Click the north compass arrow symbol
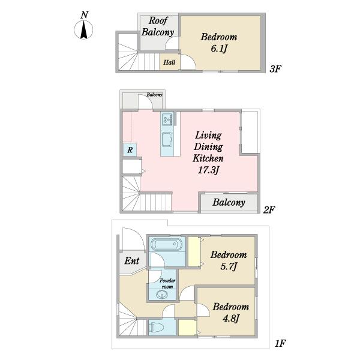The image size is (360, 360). click(x=84, y=30)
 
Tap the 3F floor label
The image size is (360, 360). click(x=275, y=68)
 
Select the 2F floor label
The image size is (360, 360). click(x=269, y=209)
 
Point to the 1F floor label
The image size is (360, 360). click(x=280, y=343)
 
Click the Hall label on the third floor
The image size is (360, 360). click(x=169, y=62)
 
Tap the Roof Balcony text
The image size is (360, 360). click(x=158, y=26)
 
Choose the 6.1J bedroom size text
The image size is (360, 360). click(x=219, y=49)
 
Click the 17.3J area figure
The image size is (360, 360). click(x=208, y=170)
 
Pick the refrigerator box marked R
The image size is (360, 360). click(x=130, y=150)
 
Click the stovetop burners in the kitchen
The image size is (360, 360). click(x=167, y=119)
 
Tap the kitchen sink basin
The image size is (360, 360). click(x=167, y=139)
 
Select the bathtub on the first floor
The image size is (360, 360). click(x=167, y=244)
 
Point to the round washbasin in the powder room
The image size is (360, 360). click(x=162, y=295)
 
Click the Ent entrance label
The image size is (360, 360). click(x=132, y=261)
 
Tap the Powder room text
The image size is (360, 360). click(x=167, y=284)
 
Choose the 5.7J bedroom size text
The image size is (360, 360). click(x=229, y=266)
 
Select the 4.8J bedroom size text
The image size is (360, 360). click(x=231, y=319)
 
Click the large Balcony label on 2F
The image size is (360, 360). click(x=229, y=203)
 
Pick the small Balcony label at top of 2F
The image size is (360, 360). click(x=154, y=95)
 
